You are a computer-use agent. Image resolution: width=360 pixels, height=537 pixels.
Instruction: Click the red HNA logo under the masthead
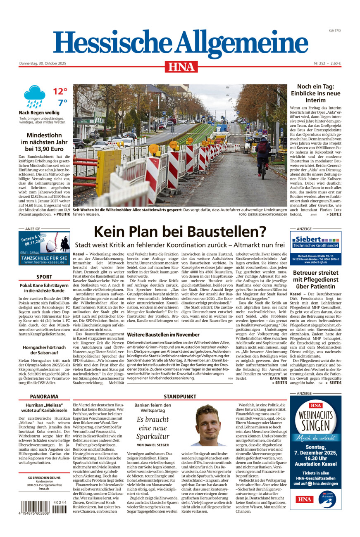click(x=181, y=67)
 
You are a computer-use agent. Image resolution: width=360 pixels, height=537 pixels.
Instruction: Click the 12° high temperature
click(x=60, y=92)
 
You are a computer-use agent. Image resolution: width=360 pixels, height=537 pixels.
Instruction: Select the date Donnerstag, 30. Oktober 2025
click(x=43, y=64)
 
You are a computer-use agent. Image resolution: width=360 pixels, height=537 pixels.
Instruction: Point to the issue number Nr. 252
click(x=320, y=64)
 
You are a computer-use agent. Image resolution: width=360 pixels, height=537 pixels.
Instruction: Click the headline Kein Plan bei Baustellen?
click(x=179, y=231)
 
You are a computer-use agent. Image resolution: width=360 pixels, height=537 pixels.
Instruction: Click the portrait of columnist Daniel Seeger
click(x=208, y=425)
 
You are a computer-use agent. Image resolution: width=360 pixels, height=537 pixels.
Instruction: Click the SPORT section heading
click(x=44, y=277)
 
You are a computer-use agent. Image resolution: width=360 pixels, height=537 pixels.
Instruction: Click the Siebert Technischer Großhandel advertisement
click(x=315, y=248)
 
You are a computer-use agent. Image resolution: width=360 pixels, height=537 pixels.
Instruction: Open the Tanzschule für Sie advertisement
click(x=44, y=248)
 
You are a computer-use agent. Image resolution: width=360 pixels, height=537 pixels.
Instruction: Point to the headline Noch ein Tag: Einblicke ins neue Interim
click(x=315, y=93)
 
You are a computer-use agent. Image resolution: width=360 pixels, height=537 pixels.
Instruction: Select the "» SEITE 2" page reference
click(x=334, y=214)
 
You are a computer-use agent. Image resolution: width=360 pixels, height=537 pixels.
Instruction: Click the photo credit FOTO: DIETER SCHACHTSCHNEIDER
click(x=262, y=215)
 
